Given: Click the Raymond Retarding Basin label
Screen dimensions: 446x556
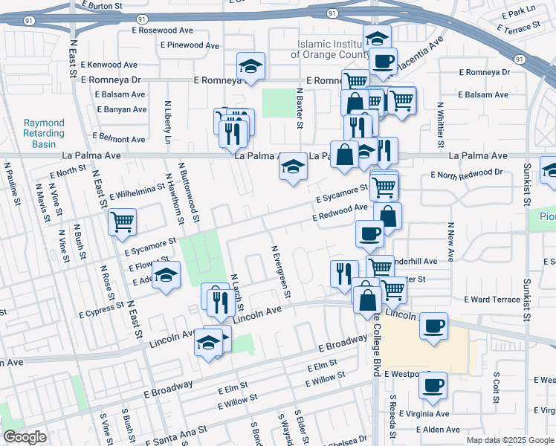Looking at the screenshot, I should tap(44, 133).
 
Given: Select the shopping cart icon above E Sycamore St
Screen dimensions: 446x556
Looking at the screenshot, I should tap(123, 221).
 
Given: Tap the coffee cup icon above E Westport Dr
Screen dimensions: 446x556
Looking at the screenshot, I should tap(433, 384).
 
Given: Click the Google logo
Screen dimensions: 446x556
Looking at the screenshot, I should tap(25, 438).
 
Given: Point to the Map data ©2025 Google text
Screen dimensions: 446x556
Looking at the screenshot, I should tap(510, 439).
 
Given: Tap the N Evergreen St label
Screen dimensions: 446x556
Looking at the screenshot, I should tap(277, 271).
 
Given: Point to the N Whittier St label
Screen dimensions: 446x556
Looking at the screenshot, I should tap(441, 122).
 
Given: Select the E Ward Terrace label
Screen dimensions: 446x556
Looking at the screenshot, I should tap(492, 300).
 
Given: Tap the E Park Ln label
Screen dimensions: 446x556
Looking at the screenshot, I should tap(518, 13).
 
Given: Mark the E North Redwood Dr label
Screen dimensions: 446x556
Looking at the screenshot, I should tap(467, 173).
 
